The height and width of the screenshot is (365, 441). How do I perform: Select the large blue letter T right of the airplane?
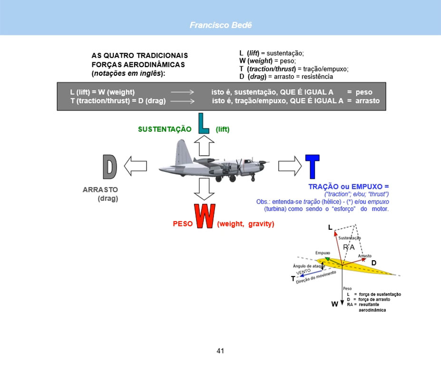pos(312,167)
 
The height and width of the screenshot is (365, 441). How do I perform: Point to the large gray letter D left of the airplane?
pos(109,167)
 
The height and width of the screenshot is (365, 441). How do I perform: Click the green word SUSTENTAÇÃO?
pos(165,129)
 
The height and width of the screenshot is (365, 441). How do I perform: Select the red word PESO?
pos(182,224)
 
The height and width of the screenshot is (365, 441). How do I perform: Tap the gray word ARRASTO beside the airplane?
pos(100,189)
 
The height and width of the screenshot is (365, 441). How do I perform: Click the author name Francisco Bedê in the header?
pos(220,25)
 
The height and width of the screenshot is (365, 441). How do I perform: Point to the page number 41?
pos(220,351)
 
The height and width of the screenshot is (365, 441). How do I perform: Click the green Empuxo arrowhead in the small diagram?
pos(328,258)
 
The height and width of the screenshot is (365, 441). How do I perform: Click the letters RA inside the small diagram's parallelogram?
pos(349,247)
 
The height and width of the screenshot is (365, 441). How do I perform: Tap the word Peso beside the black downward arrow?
pos(347,288)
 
